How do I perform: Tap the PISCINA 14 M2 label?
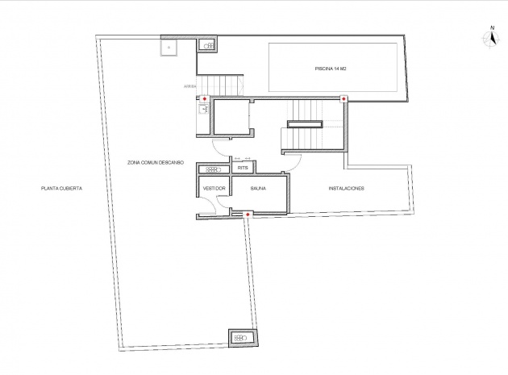pyautogui.click(x=331, y=69)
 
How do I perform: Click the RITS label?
pyautogui.click(x=243, y=169)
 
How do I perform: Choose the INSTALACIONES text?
pyautogui.click(x=347, y=189)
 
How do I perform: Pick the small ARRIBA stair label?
pyautogui.click(x=189, y=84)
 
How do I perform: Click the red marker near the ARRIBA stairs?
pyautogui.click(x=204, y=99)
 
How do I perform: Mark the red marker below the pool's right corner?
pyautogui.click(x=344, y=99)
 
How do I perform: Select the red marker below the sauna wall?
pyautogui.click(x=248, y=214)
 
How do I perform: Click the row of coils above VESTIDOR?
pyautogui.click(x=214, y=169)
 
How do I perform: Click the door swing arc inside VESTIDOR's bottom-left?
pyautogui.click(x=205, y=206)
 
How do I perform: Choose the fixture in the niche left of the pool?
pyautogui.click(x=208, y=47)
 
